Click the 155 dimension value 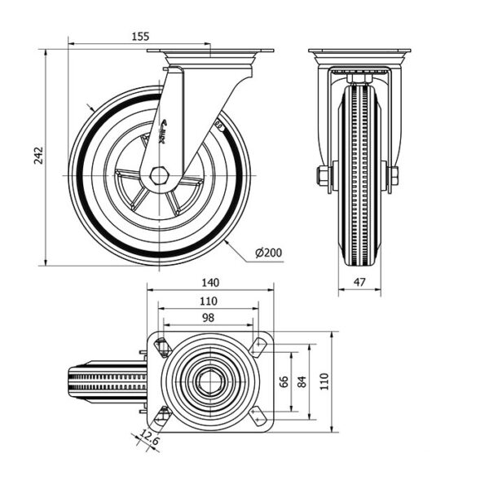click(x=140, y=36)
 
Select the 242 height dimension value click(x=38, y=156)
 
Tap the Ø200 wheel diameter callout click(x=268, y=253)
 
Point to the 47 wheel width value click(x=359, y=282)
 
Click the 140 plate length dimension click(x=210, y=283)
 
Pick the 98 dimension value click(x=208, y=318)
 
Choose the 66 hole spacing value click(x=284, y=381)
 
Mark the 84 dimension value click(x=302, y=381)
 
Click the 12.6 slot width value click(x=150, y=436)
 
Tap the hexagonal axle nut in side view click(x=160, y=176)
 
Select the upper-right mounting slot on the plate click(x=258, y=346)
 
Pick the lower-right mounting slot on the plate click(x=258, y=417)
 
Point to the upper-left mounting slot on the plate click(x=163, y=346)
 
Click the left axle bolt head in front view click(x=323, y=175)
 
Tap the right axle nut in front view click(x=394, y=175)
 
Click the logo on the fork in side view click(x=163, y=132)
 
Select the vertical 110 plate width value click(x=324, y=381)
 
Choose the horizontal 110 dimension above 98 click(x=208, y=301)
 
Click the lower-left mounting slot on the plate click(x=163, y=417)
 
